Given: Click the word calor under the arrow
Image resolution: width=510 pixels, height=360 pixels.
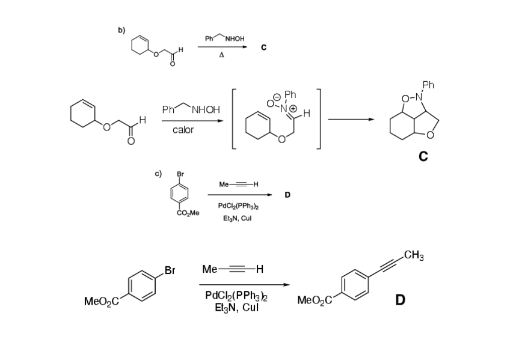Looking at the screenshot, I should [x=183, y=130].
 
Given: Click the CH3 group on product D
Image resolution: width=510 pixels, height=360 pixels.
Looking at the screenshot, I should [x=414, y=256].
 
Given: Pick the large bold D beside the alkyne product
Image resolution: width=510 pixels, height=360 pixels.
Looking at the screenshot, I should [x=399, y=298].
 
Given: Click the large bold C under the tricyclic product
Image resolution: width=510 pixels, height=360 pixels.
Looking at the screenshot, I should [x=423, y=157].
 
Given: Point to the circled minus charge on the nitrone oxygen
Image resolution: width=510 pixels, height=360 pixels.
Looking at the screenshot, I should [x=277, y=97].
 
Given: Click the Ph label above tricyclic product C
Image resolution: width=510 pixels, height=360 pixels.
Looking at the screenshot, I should [x=428, y=85].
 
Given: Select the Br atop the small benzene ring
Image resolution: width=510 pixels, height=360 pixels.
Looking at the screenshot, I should [x=180, y=175].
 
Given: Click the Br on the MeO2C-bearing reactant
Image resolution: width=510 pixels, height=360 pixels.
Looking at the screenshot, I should [x=169, y=270].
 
